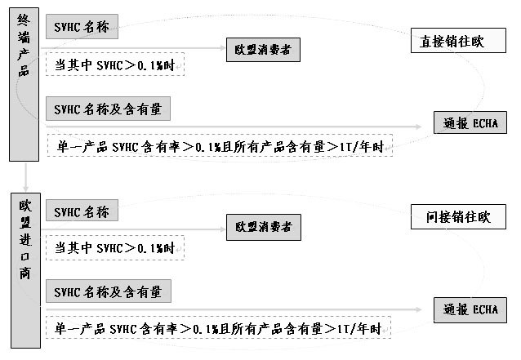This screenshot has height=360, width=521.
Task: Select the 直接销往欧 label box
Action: click(452, 42)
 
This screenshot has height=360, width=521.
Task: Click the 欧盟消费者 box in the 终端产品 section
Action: click(263, 51)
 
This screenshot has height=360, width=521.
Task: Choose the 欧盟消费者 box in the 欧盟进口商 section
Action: click(263, 227)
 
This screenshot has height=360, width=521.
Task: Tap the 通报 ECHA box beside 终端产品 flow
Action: click(470, 123)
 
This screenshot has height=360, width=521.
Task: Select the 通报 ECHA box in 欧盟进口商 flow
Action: click(470, 310)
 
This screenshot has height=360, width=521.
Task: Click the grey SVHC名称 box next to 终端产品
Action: click(82, 27)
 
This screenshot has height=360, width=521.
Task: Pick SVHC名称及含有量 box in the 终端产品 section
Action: click(109, 108)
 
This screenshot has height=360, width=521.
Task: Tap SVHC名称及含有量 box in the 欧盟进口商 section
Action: click(109, 291)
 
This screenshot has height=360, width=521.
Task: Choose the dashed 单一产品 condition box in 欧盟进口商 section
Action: click(219, 328)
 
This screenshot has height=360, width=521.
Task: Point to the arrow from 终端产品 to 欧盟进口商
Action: click(25, 174)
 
